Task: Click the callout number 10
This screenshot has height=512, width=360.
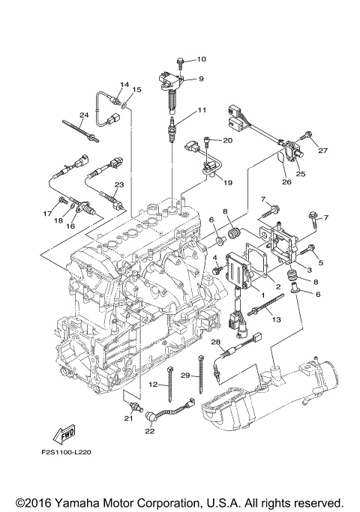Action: (201, 58)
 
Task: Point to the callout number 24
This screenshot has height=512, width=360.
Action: (84, 115)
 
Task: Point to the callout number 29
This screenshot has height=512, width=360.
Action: (184, 374)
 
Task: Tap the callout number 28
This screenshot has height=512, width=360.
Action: (214, 342)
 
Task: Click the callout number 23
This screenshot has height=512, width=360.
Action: (118, 185)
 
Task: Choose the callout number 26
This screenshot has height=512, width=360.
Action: (286, 180)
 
